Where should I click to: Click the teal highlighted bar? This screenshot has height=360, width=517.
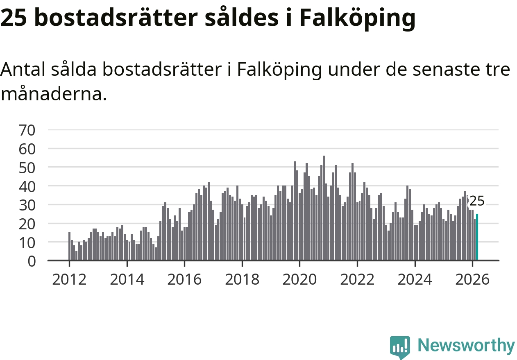477,237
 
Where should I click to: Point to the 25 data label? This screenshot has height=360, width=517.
476,201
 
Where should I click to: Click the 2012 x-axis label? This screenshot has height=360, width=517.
69,280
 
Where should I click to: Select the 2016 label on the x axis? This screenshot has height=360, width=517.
184,280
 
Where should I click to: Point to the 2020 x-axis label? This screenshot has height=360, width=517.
299,280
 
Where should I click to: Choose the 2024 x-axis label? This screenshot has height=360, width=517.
415,280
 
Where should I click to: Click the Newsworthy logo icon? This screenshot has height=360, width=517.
400,347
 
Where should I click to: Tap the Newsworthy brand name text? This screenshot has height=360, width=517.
466,346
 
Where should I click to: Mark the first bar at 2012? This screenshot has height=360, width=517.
69,246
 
